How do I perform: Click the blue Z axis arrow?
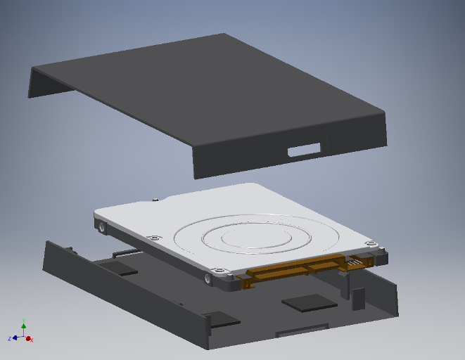point(15,338)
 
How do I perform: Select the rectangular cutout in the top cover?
point(304,150)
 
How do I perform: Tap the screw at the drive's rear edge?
point(153,200)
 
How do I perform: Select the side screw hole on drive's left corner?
point(103,228)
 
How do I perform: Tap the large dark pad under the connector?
point(309,303)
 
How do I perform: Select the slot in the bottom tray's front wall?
point(302,328)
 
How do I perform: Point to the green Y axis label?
point(24,319)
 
